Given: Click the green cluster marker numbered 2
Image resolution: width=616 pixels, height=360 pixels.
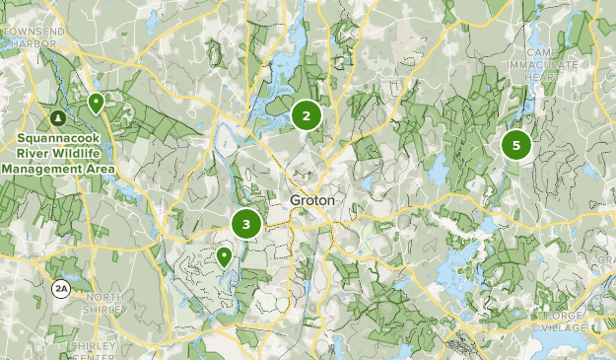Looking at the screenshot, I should tap(307, 116).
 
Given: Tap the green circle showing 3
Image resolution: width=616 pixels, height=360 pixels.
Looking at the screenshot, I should tap(245, 224).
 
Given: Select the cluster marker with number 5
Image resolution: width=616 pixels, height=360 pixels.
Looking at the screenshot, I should tap(515, 145).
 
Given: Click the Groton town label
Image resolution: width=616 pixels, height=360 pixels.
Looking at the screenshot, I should tap(312, 199).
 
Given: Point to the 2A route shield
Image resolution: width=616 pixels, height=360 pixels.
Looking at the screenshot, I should tap(62, 288).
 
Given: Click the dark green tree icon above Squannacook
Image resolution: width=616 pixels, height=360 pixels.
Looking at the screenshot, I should tap(59, 118).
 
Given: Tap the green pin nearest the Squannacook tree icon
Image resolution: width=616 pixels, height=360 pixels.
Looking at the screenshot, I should tap(96, 103).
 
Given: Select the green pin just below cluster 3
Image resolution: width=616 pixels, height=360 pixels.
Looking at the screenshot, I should tap(225, 256).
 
